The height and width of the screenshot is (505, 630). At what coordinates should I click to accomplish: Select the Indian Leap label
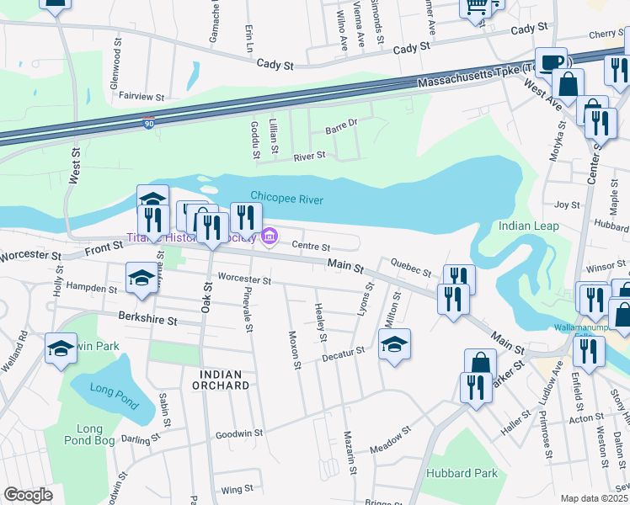pos(528,226)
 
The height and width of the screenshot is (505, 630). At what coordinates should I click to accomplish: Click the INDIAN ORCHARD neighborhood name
pos(225,380)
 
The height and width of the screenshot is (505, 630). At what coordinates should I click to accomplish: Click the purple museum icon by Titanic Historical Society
pos(270,239)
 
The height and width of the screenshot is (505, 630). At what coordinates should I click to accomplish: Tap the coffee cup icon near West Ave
pos(552,63)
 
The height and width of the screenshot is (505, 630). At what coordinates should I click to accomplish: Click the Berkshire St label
pos(148,321)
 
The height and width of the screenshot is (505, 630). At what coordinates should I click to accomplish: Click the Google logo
pos(28,494)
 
